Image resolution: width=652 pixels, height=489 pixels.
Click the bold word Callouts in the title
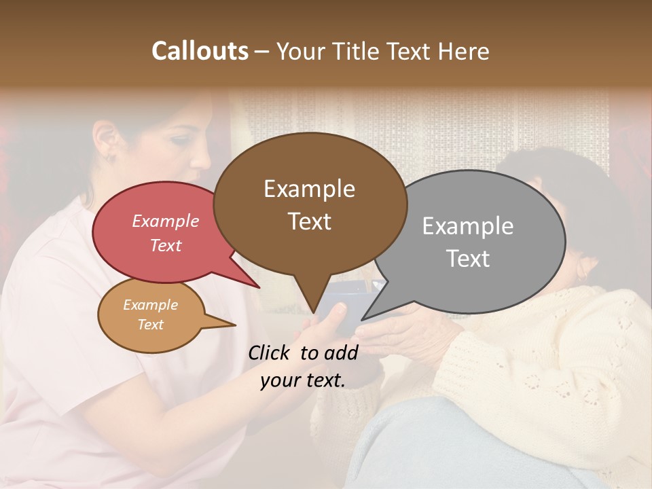(x=200, y=51)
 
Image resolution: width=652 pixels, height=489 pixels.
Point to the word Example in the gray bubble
(x=468, y=226)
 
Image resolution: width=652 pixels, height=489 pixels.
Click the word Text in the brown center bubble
(x=310, y=221)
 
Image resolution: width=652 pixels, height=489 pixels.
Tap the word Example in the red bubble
(x=166, y=221)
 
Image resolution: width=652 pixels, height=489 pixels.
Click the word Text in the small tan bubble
(x=151, y=325)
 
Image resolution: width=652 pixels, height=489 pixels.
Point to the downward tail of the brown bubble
(x=312, y=299)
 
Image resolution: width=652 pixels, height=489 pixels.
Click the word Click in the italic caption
(x=270, y=352)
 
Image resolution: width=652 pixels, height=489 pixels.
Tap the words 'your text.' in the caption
(x=303, y=380)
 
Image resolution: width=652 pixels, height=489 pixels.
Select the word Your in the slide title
(x=300, y=51)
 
